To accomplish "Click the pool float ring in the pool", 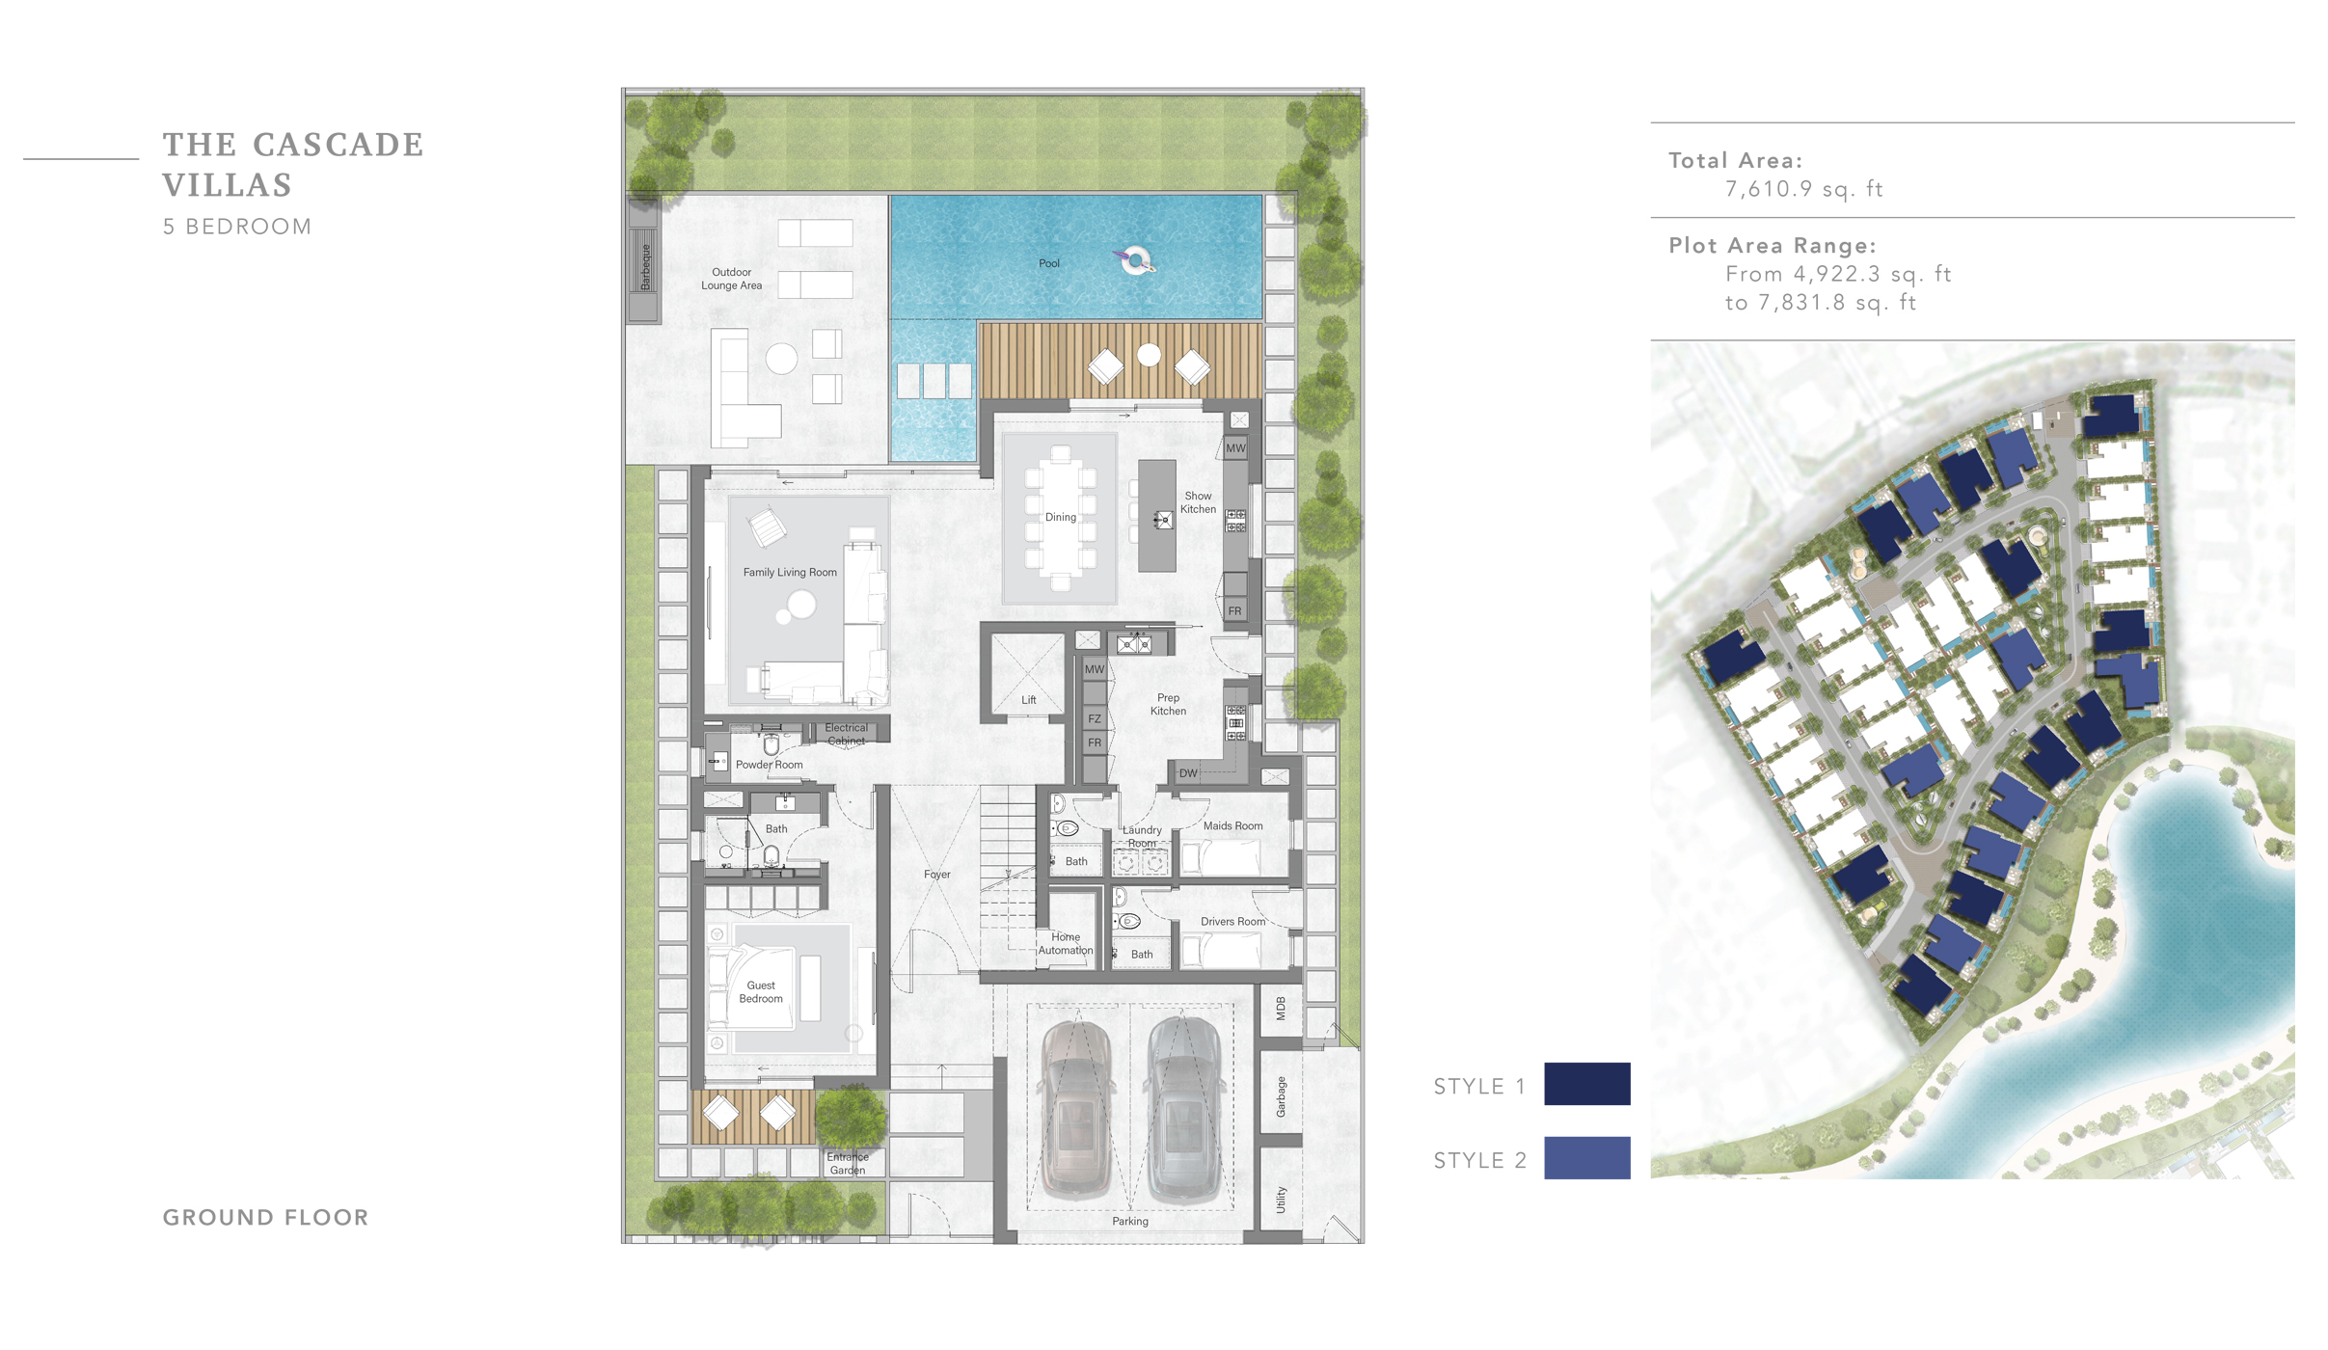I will (x=1136, y=259).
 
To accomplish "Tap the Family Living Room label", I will (x=789, y=572).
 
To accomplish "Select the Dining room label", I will (x=1060, y=517).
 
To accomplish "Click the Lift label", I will (x=1028, y=700).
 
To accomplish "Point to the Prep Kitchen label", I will (x=1167, y=704).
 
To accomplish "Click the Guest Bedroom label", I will (x=760, y=991).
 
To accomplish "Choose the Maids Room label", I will (x=1232, y=825).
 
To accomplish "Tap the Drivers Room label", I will (x=1232, y=921).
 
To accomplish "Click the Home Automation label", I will (x=1065, y=943).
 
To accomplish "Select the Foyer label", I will (x=936, y=875).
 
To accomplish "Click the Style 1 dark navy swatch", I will (x=1585, y=1084).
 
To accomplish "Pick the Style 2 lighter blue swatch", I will (x=1585, y=1158).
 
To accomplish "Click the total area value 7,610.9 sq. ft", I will (x=1802, y=189).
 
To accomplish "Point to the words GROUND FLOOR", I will (x=265, y=1217).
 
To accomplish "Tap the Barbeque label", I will (x=645, y=266).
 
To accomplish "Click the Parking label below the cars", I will (x=1129, y=1221).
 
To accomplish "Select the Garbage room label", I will (x=1280, y=1096).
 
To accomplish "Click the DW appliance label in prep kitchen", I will (x=1187, y=773).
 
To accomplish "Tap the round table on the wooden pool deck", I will (x=1148, y=355).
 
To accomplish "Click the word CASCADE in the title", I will (x=338, y=145).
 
